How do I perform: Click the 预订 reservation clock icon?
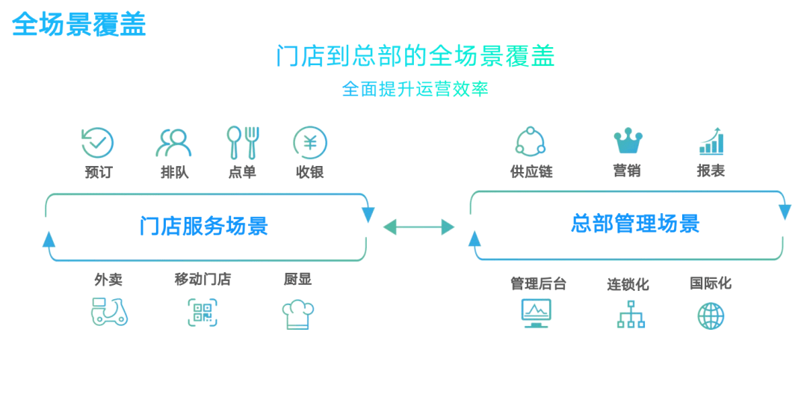pos(97,142)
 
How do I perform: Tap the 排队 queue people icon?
pos(173,142)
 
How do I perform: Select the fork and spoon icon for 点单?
pos(243,142)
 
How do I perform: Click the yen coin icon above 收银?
pos(310,142)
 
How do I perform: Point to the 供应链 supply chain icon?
pos(531,141)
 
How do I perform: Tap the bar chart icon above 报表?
pos(711,141)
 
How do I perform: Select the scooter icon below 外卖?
pos(109,311)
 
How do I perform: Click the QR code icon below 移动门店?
pos(202,313)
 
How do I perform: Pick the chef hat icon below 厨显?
pos(297,314)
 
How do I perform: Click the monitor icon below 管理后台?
pos(536,313)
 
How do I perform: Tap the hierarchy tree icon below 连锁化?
pos(631,314)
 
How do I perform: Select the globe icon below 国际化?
pos(711,316)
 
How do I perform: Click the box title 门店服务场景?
pos(203,226)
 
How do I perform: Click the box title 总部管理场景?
pos(635,224)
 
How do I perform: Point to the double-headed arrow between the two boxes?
pos(418,227)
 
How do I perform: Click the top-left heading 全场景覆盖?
pos(79,25)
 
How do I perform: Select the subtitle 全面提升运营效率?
pos(415,89)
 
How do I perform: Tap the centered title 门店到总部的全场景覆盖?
pos(415,57)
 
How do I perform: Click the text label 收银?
pos(309,172)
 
